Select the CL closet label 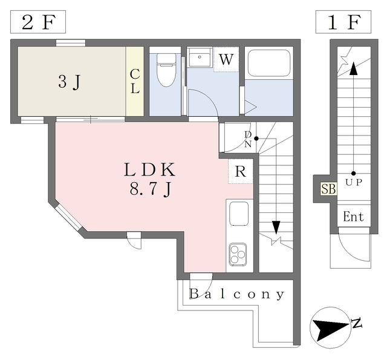pyautogui.click(x=135, y=82)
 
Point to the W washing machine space pyautogui.click(x=226, y=60)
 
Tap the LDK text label pyautogui.click(x=149, y=169)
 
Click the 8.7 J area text pyautogui.click(x=151, y=189)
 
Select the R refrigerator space pyautogui.click(x=240, y=171)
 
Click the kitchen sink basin pyautogui.click(x=239, y=214)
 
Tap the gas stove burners pyautogui.click(x=238, y=254)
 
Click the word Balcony pyautogui.click(x=236, y=295)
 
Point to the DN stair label pyautogui.click(x=248, y=139)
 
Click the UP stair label pyautogui.click(x=353, y=181)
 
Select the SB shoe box pyautogui.click(x=328, y=188)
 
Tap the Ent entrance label pyautogui.click(x=353, y=216)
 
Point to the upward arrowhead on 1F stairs pyautogui.click(x=353, y=68)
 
